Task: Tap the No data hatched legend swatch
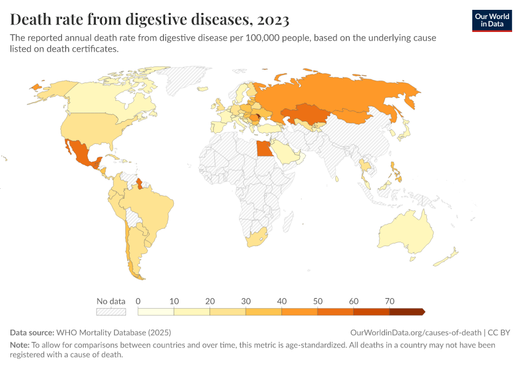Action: point(111,312)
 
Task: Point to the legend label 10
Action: point(174,301)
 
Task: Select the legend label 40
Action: point(282,301)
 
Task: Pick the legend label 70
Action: point(389,301)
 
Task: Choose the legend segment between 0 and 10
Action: point(156,312)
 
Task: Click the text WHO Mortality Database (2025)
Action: point(114,332)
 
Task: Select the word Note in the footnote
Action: point(19,345)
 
